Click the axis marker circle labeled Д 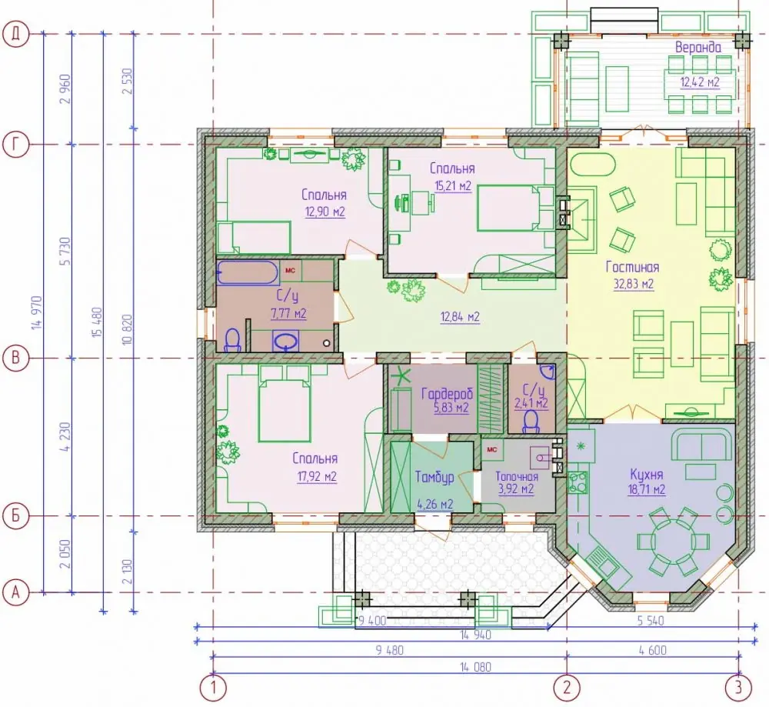[16, 35]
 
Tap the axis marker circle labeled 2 [567, 688]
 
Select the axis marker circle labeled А [16, 592]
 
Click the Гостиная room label [632, 267]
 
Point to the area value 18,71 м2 [647, 489]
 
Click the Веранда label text [698, 48]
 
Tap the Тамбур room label [434, 478]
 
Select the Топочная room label [517, 476]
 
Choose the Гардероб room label [447, 393]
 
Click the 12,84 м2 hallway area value [460, 317]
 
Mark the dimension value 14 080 [475, 667]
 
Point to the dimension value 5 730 [65, 252]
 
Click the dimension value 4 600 [653, 650]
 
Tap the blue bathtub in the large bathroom [248, 273]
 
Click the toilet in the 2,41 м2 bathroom [531, 422]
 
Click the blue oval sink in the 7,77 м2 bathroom [286, 341]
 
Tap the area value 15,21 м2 [453, 186]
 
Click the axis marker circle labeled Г [16, 145]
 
